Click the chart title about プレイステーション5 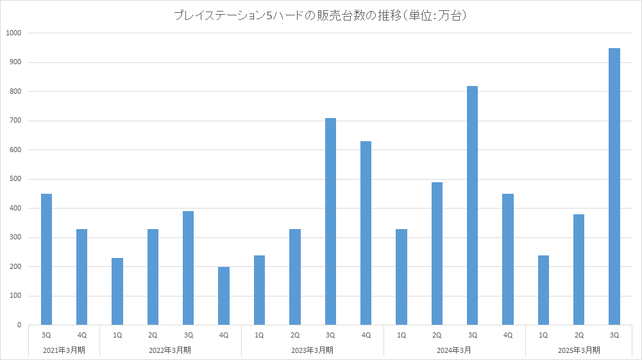click(321, 15)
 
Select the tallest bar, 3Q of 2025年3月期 click(614, 186)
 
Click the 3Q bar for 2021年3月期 click(46, 259)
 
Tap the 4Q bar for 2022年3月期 click(224, 296)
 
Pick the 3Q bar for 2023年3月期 click(330, 221)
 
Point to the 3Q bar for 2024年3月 click(472, 205)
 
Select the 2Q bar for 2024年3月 click(437, 253)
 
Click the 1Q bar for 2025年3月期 click(543, 290)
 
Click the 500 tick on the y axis click(15, 179)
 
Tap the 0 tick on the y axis click(19, 325)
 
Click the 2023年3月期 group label click(312, 350)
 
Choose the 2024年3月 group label click(454, 350)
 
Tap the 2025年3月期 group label click(579, 350)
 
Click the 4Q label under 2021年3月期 click(81, 336)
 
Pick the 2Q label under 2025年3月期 click(579, 336)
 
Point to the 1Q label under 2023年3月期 click(259, 336)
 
